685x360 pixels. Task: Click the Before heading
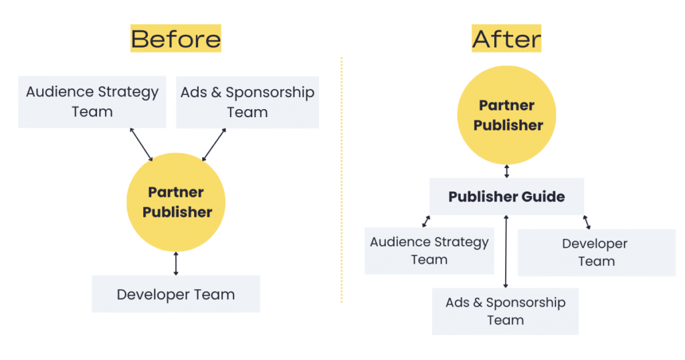pos(175,38)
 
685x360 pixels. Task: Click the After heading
pos(506,38)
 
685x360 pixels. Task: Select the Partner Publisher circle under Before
pos(176,202)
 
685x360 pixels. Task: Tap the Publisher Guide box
pos(506,197)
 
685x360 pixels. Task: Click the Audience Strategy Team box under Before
pos(92,102)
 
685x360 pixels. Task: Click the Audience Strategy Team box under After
pos(429,250)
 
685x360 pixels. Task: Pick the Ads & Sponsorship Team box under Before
pos(247,102)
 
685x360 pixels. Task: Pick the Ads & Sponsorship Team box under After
pos(505,311)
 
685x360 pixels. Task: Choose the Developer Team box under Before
pos(175,294)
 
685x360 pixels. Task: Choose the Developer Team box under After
pos(595,252)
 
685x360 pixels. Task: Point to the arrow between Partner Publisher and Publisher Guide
pos(506,171)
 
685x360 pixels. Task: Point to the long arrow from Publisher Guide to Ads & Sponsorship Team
pos(506,252)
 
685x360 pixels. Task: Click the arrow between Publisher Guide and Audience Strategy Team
pos(426,221)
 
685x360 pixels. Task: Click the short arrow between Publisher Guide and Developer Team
pos(587,222)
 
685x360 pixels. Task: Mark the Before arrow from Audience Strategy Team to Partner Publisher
pos(141,145)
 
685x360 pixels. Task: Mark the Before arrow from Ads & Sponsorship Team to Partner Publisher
pos(213,145)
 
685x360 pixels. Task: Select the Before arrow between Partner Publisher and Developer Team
pos(176,264)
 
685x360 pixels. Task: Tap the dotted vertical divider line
pos(341,181)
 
